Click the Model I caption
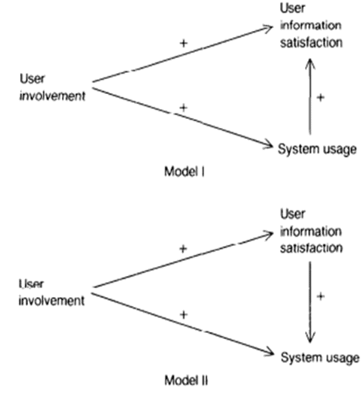pyautogui.click(x=184, y=172)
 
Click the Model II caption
pyautogui.click(x=185, y=380)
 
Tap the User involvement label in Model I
pyautogui.click(x=52, y=88)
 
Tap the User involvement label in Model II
pyautogui.click(x=52, y=292)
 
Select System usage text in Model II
pyautogui.click(x=320, y=357)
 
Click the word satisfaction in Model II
pyautogui.click(x=311, y=248)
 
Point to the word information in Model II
pyautogui.click(x=311, y=231)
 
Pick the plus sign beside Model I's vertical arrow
pyautogui.click(x=321, y=97)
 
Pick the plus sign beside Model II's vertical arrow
pyautogui.click(x=321, y=296)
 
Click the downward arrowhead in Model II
pyautogui.click(x=311, y=341)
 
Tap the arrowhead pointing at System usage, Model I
pyautogui.click(x=268, y=144)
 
